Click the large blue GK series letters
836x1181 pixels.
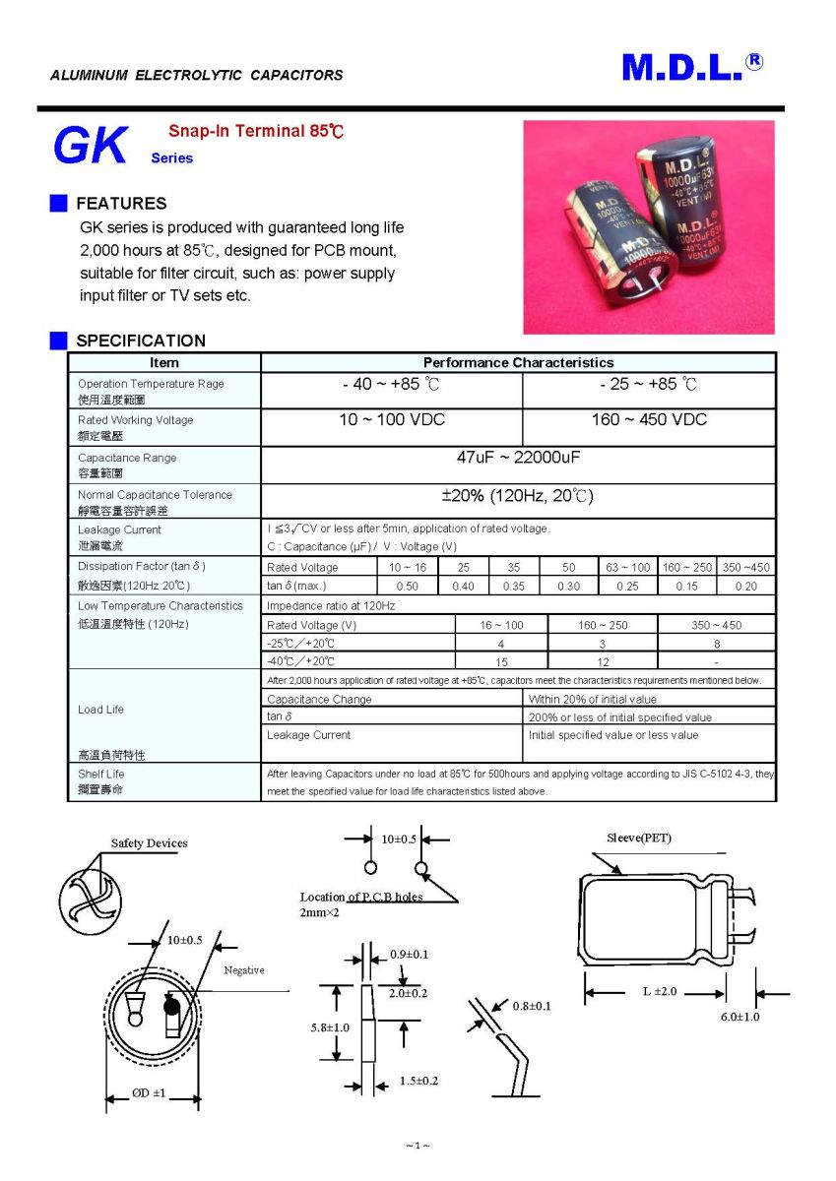click(91, 147)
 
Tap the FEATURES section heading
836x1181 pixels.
click(121, 204)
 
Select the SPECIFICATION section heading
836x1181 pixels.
click(141, 341)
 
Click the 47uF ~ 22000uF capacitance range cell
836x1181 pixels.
click(518, 458)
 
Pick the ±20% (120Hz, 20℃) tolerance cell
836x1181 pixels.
click(518, 495)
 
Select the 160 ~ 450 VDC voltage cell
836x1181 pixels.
click(649, 420)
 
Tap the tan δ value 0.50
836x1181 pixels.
click(407, 587)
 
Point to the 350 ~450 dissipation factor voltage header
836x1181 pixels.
click(746, 568)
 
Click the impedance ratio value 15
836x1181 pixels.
click(501, 661)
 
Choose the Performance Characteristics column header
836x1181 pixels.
click(518, 363)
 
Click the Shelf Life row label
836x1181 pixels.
click(101, 775)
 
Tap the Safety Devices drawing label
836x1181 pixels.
click(149, 843)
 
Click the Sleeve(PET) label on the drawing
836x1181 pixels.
click(639, 839)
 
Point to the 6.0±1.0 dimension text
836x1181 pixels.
click(740, 1017)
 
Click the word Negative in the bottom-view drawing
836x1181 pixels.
click(244, 970)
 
